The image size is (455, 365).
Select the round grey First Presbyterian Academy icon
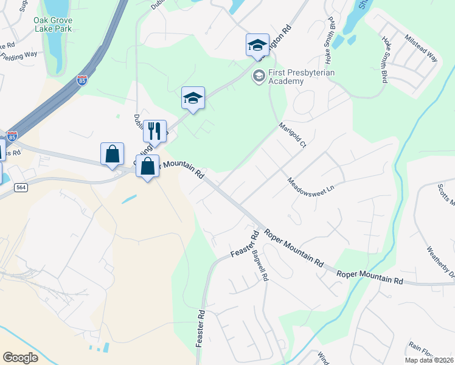coord(259,75)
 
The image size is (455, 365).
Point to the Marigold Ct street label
coord(293,137)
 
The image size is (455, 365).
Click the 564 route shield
coord(21,188)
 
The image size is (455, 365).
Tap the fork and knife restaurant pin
coord(155,131)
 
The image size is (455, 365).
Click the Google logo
coord(20,357)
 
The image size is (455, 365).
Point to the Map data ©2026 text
coord(429,360)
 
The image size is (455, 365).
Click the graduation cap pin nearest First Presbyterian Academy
coord(257,44)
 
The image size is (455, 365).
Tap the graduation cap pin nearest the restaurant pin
coord(193,98)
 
